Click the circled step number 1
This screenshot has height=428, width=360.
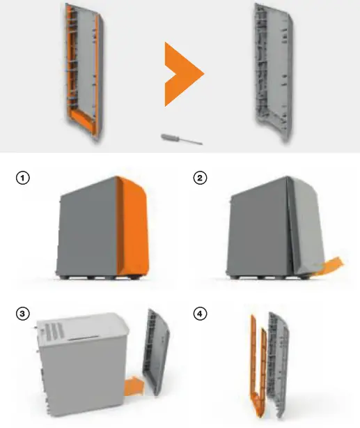pyautogui.click(x=24, y=178)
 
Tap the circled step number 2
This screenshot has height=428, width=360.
pyautogui.click(x=199, y=178)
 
